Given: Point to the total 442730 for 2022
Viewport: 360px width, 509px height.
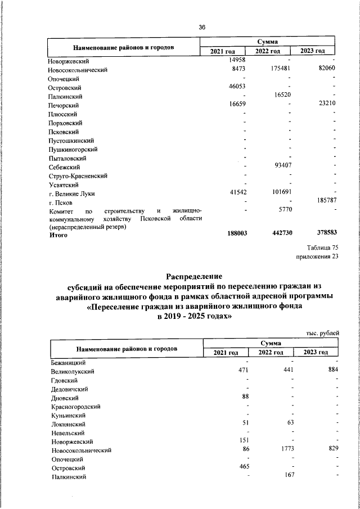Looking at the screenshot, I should tap(278, 234).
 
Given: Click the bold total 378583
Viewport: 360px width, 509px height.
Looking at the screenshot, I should tap(323, 234).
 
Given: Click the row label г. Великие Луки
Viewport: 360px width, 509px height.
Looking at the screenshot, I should tap(72, 193).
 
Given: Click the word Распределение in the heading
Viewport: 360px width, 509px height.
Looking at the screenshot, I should tap(195, 276).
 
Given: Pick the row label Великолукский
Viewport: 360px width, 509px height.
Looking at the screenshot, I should tap(73, 372).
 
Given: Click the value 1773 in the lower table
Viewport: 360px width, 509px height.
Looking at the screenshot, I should tap(283, 450).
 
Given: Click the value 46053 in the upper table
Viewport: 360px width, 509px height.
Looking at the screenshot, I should tap(237, 87).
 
